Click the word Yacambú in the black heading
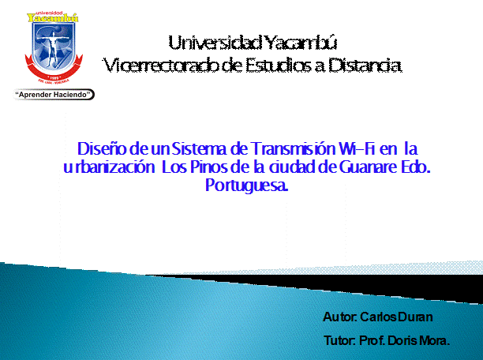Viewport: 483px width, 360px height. [x=301, y=43]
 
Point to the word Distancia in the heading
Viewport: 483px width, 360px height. [x=365, y=66]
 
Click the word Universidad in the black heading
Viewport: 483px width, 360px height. [x=215, y=43]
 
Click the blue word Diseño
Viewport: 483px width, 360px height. [x=102, y=149]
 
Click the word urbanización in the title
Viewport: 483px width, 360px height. [x=109, y=167]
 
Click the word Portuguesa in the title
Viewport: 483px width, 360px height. [x=246, y=186]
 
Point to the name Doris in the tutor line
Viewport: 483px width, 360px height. [x=402, y=340]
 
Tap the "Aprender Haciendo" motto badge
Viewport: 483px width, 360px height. [x=54, y=94]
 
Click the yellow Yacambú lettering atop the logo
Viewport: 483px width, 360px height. [x=52, y=18]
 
